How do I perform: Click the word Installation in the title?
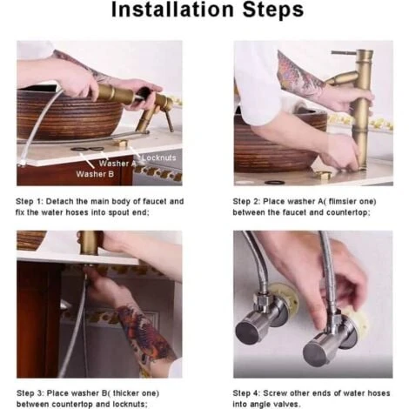point(172,10)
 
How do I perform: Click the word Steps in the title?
point(273,10)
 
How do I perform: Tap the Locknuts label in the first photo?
point(159,158)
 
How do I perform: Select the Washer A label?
point(117,164)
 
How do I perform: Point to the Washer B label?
point(95,174)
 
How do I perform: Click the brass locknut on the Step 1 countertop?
point(120,143)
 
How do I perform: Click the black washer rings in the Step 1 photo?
point(87,149)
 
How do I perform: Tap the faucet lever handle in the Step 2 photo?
point(344,52)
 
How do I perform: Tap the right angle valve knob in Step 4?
point(315,353)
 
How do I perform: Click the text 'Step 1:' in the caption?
point(29,202)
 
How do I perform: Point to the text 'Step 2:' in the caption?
point(246,202)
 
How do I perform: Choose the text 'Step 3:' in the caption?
point(30,393)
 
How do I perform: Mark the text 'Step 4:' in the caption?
point(246,393)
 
